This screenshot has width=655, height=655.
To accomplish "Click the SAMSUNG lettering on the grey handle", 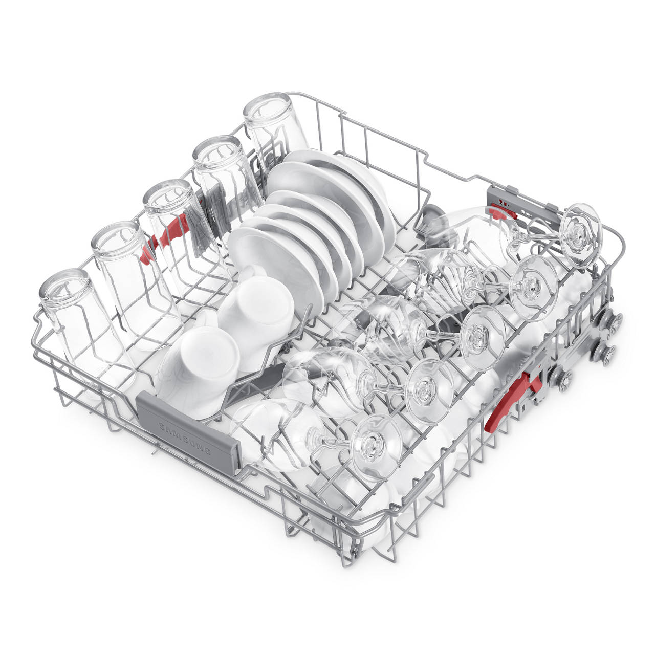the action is (x=185, y=439).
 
